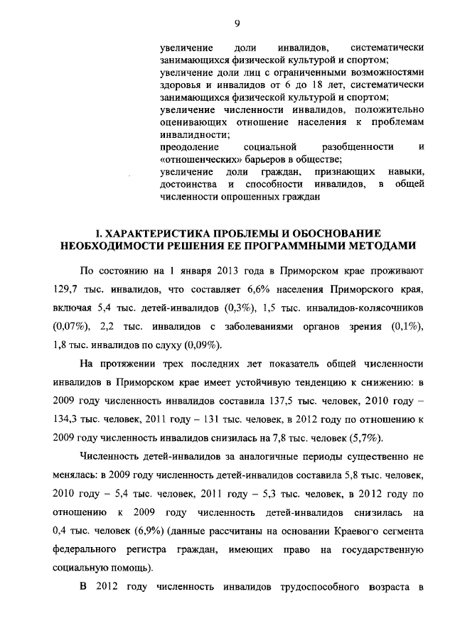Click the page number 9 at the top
[237, 23]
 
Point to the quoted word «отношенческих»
[194, 160]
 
